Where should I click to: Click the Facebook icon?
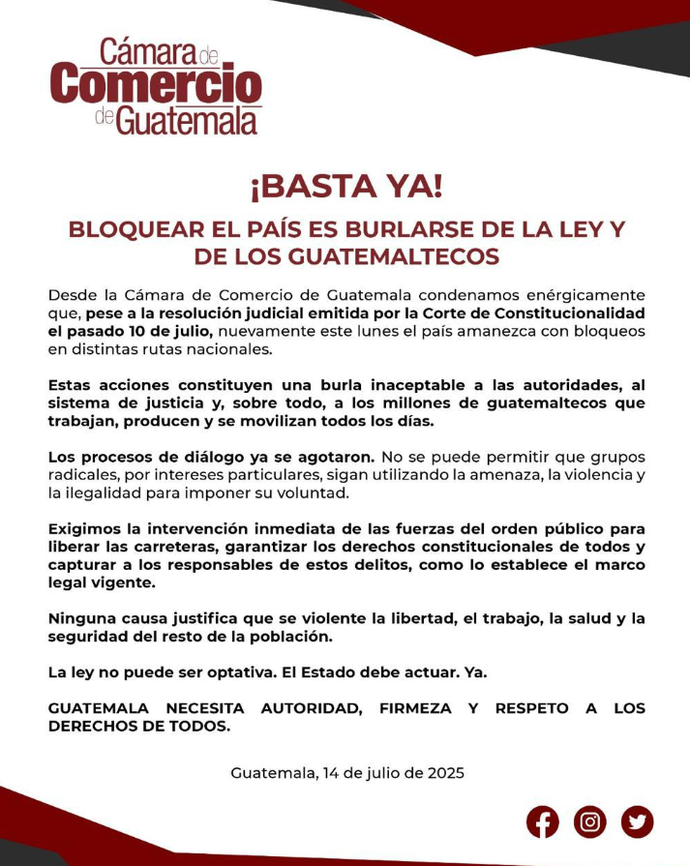(x=543, y=821)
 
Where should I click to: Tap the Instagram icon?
(x=589, y=821)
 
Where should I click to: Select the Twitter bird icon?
(x=637, y=821)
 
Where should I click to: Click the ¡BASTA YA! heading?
(x=345, y=186)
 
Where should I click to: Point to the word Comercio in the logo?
(x=157, y=85)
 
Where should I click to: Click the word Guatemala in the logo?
(x=187, y=121)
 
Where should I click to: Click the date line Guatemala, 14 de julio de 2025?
(x=347, y=773)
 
